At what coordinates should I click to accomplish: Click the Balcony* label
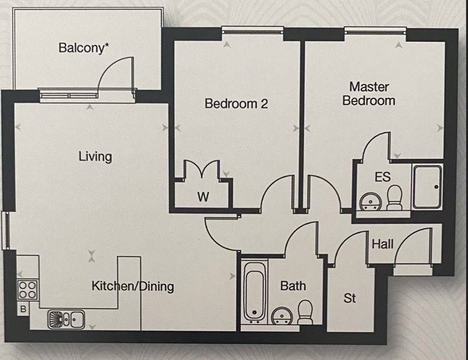tap(84, 48)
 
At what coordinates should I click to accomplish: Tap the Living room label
tap(95, 156)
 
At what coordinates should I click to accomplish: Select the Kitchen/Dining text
tap(133, 287)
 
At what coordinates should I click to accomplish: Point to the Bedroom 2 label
tap(236, 104)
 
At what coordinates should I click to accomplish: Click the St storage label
tap(350, 298)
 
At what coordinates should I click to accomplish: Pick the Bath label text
tap(292, 286)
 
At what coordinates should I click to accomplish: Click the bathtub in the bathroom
tap(255, 291)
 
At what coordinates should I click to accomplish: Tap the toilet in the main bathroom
tap(305, 312)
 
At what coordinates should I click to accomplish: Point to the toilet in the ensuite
tap(395, 198)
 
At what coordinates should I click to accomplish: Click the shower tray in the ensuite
tap(427, 187)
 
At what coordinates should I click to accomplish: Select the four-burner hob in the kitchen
tap(27, 289)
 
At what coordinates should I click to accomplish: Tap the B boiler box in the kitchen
tap(24, 308)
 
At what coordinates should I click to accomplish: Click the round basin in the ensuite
tap(370, 201)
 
